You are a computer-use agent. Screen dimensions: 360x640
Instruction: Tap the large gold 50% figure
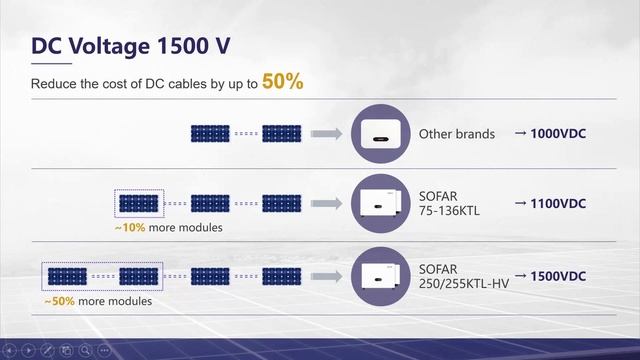[282, 82]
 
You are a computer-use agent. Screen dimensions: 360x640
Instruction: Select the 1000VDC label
[551, 133]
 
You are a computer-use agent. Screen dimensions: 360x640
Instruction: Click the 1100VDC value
[551, 203]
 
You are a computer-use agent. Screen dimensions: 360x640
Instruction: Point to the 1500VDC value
[551, 275]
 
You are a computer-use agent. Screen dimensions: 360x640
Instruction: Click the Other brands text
[456, 133]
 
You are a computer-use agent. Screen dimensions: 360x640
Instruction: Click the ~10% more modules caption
[168, 228]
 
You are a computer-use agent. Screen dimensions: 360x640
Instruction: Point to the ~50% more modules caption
[97, 300]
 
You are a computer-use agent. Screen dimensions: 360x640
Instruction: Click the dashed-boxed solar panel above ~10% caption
[138, 204]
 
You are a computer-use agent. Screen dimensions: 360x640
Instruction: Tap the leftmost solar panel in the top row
[209, 133]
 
